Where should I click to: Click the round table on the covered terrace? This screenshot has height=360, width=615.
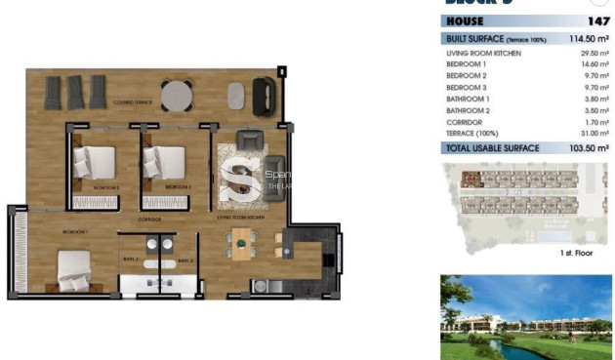[178, 95]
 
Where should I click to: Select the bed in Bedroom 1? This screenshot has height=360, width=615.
[75, 268]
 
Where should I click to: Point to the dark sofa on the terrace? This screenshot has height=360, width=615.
[265, 96]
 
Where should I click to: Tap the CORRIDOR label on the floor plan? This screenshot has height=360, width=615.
[149, 220]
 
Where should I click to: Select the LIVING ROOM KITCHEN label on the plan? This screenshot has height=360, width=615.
[244, 220]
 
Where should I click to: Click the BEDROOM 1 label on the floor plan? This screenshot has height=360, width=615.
[75, 232]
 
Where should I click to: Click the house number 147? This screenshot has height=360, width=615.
[598, 20]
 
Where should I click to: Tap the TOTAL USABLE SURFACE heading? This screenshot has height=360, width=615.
[492, 148]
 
